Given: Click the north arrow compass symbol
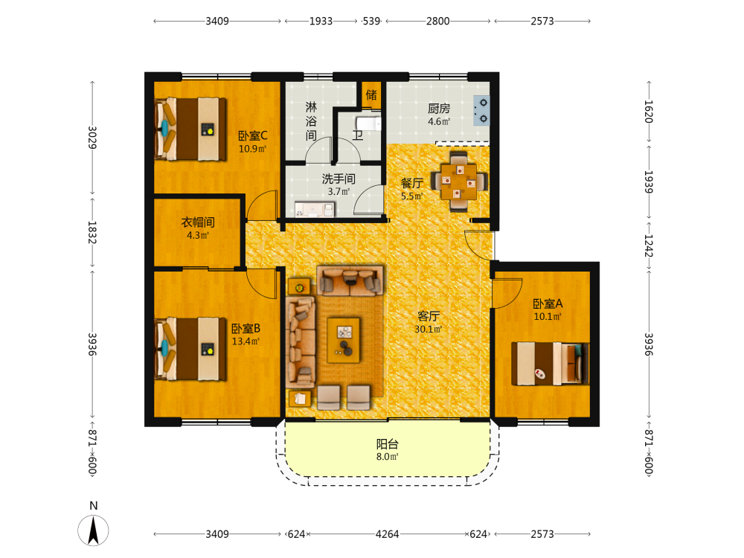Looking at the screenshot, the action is point(93,530).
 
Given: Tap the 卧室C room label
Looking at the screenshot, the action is point(252,135).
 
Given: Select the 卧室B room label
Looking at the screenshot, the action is point(246,328).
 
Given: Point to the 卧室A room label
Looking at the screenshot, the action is point(548,304).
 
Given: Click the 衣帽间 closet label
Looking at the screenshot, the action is point(198,222).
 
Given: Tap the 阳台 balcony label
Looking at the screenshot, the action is point(387,444).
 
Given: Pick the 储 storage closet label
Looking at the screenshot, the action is point(371,95).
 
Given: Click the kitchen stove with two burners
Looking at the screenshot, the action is point(481,111).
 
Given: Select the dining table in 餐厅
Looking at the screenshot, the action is point(458,181).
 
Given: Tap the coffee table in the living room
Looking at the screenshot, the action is point(344,340).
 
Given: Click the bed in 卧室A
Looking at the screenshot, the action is point(550,364).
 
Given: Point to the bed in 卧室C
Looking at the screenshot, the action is point(190,129).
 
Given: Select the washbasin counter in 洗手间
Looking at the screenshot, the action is point(314,209).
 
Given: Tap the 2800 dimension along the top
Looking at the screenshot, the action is point(437,21).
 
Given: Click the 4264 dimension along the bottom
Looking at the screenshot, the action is point(387,533).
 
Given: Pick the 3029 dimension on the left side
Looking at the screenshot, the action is point(92,137).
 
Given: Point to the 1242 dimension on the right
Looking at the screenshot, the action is point(649,246).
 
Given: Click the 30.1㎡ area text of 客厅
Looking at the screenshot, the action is point(429,329).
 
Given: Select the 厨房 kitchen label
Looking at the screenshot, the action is point(439,109).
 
